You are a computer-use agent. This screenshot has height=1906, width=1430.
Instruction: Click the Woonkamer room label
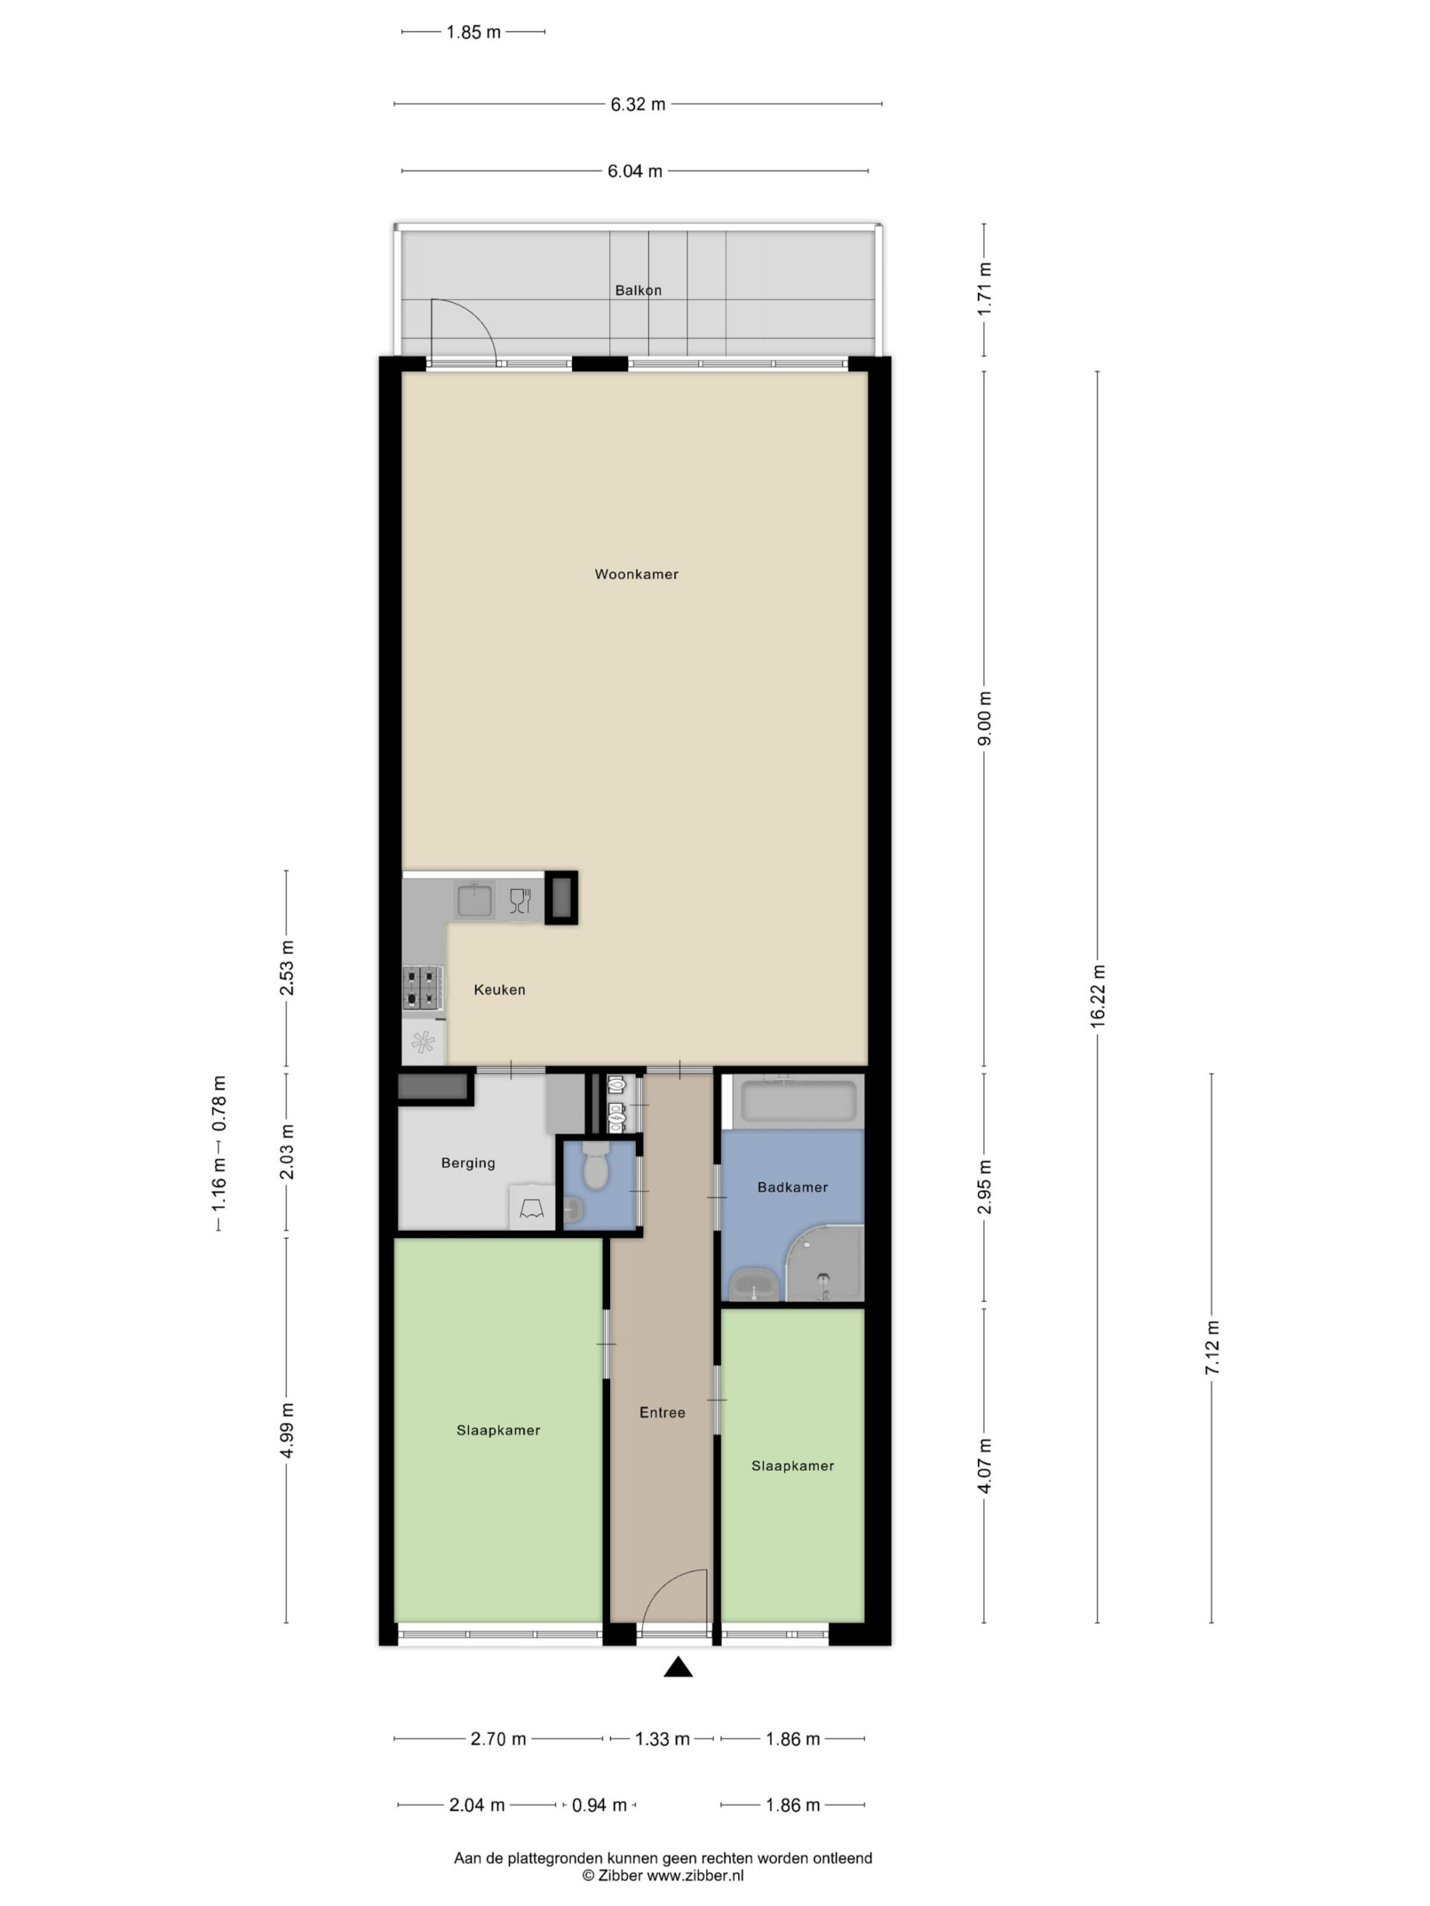point(636,574)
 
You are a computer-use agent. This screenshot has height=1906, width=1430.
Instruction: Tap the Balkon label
point(638,290)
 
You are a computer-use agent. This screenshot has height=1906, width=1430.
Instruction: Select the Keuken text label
point(499,990)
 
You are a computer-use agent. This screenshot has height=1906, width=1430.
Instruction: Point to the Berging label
point(468,1163)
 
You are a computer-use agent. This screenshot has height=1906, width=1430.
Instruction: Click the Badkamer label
point(792,1188)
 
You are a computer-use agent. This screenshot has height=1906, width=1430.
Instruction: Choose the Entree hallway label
point(662,1412)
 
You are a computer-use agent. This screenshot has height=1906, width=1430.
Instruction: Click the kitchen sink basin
point(474,900)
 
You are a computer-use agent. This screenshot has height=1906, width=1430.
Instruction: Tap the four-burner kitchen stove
point(422,987)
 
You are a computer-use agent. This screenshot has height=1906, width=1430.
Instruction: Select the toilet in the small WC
point(595,1165)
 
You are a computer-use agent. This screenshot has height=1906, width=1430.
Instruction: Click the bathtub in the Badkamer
point(798,1102)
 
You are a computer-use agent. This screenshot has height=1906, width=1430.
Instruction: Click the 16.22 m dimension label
point(1097,996)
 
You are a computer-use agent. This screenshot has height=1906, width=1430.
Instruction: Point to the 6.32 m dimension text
point(638,104)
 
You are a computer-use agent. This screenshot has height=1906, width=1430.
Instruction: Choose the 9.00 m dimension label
point(985,718)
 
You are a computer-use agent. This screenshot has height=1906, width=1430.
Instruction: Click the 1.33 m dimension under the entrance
point(662,1738)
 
